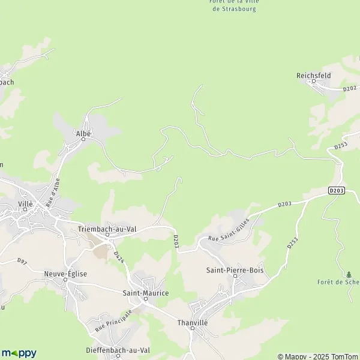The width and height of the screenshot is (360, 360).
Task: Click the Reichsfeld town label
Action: coord(314,76)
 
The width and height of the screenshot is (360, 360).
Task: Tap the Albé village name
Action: coord(83,134)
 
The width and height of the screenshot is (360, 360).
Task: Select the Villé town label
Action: coord(26,204)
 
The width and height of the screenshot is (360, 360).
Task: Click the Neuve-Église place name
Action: coord(65,274)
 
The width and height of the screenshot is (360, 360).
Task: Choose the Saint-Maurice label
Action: coord(145,293)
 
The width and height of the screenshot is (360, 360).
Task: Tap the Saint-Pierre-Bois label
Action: coord(235,271)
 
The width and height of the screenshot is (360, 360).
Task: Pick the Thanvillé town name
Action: coord(192,322)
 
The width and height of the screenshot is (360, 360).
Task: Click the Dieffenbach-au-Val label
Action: coord(116,349)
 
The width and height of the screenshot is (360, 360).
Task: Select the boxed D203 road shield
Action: coord(337,191)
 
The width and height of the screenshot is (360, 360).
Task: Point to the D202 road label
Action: coord(350,89)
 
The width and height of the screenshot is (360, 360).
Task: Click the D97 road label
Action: coord(22,261)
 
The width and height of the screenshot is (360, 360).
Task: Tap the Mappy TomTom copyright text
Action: coord(317,356)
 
